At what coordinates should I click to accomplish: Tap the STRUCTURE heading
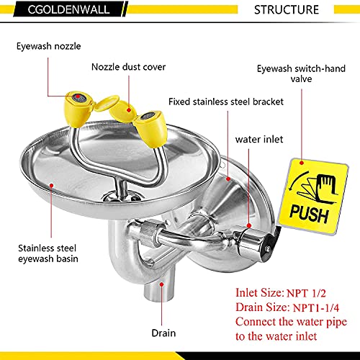287,10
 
